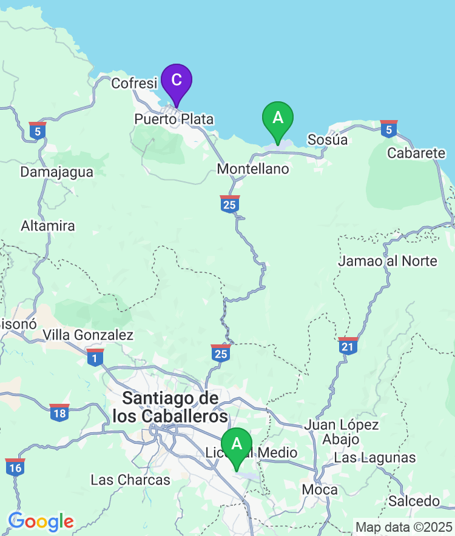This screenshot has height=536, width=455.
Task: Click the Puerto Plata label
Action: pyautogui.click(x=174, y=119)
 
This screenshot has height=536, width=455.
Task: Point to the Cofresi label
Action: pyautogui.click(x=134, y=83)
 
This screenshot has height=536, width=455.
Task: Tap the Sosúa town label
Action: pyautogui.click(x=328, y=140)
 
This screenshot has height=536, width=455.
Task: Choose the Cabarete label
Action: pyautogui.click(x=416, y=153)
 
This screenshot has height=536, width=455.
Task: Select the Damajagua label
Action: pyautogui.click(x=57, y=172)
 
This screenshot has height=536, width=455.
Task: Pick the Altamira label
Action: pyautogui.click(x=48, y=226)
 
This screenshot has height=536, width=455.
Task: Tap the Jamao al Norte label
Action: pyautogui.click(x=388, y=261)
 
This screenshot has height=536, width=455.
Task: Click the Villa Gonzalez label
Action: pyautogui.click(x=88, y=335)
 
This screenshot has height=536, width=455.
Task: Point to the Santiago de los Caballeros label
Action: pyautogui.click(x=170, y=407)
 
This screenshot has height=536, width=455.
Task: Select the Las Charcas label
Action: pyautogui.click(x=130, y=480)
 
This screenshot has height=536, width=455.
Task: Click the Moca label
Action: pyautogui.click(x=315, y=489)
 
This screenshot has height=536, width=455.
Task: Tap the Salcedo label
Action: pyautogui.click(x=414, y=501)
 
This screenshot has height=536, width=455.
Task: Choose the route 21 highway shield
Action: pyautogui.click(x=348, y=346)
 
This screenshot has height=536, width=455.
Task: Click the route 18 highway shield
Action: pyautogui.click(x=59, y=412)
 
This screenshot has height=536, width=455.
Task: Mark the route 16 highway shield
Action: pyautogui.click(x=15, y=467)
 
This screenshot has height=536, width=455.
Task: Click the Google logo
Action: pyautogui.click(x=41, y=521)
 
